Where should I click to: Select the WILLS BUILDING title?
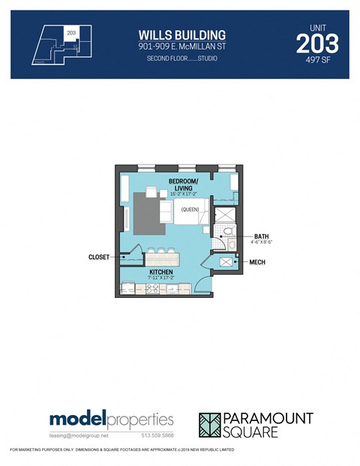(x=181, y=35)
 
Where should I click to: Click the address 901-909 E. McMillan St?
(x=181, y=47)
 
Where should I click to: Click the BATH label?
(x=261, y=236)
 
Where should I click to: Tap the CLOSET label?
(x=99, y=257)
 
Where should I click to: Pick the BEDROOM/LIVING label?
(x=183, y=185)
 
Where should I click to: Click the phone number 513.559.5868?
(x=157, y=434)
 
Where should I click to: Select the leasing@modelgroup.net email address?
(x=79, y=434)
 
